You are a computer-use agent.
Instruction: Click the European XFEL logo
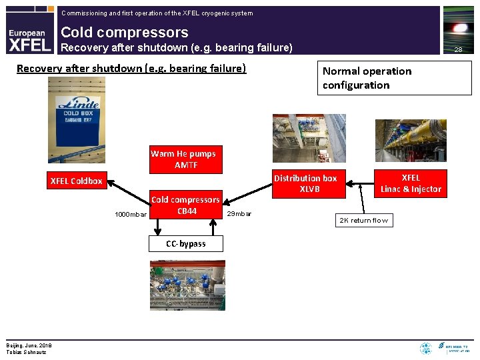[x=28, y=39]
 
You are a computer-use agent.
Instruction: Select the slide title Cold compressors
[x=125, y=32]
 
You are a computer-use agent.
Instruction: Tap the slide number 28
[x=458, y=49]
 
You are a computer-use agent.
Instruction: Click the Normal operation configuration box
[x=394, y=78]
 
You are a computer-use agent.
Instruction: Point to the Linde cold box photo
[x=77, y=121]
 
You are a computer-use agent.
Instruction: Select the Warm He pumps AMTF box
[x=183, y=159]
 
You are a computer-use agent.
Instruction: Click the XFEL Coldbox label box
[x=77, y=181]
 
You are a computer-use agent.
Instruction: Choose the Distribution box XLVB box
[x=305, y=183]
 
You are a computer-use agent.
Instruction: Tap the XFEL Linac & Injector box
[x=411, y=183]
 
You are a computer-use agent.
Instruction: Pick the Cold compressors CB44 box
[x=185, y=205]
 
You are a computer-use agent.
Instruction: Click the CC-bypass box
[x=186, y=243]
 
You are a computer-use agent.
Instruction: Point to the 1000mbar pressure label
[x=131, y=215]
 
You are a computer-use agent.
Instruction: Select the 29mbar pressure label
[x=239, y=214]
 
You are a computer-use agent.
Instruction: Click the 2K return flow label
[x=364, y=220]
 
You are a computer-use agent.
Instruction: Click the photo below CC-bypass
[x=187, y=283]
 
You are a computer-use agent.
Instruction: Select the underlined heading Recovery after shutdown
[x=131, y=68]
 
